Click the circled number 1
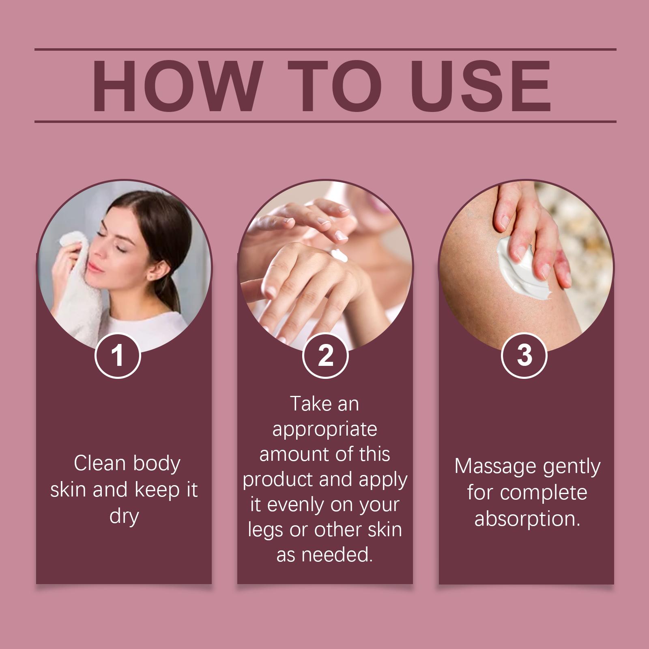click(118, 355)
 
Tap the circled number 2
click(325, 355)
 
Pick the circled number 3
click(524, 355)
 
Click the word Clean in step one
click(100, 463)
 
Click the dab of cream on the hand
click(337, 256)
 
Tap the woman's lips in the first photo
click(94, 266)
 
